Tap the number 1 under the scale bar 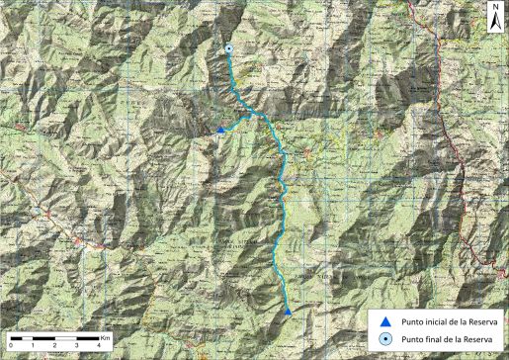(33, 346)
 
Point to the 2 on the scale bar (55, 346)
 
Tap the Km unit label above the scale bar (105, 336)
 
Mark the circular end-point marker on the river (228, 48)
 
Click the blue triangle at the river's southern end (288, 312)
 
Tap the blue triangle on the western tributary (219, 130)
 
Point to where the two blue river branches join (259, 116)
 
